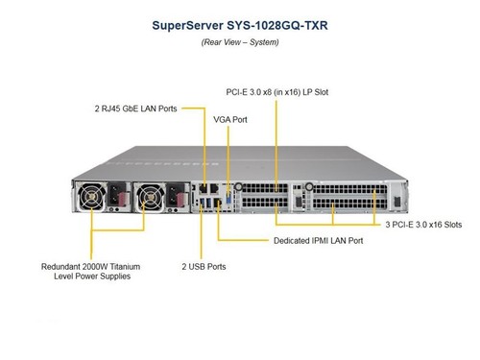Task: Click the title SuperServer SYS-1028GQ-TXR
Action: (240, 26)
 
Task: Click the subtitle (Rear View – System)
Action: (240, 42)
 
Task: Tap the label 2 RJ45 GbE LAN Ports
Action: (135, 108)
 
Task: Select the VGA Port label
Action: (230, 120)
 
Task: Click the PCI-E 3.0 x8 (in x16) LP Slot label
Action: (277, 92)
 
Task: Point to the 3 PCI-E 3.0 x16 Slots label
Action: (423, 225)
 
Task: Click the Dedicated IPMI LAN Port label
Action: (318, 241)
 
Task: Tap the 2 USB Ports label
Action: (204, 267)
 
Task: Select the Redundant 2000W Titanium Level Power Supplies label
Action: (91, 272)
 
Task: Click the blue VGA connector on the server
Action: (228, 199)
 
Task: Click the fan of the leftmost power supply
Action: (92, 197)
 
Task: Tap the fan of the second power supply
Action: (150, 197)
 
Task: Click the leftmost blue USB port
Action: (202, 203)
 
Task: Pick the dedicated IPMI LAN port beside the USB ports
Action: (218, 203)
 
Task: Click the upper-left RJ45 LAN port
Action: (203, 188)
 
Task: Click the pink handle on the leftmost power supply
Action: (123, 199)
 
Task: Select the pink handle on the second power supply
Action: (180, 200)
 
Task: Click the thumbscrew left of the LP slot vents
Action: (238, 186)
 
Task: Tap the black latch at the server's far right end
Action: (397, 202)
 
